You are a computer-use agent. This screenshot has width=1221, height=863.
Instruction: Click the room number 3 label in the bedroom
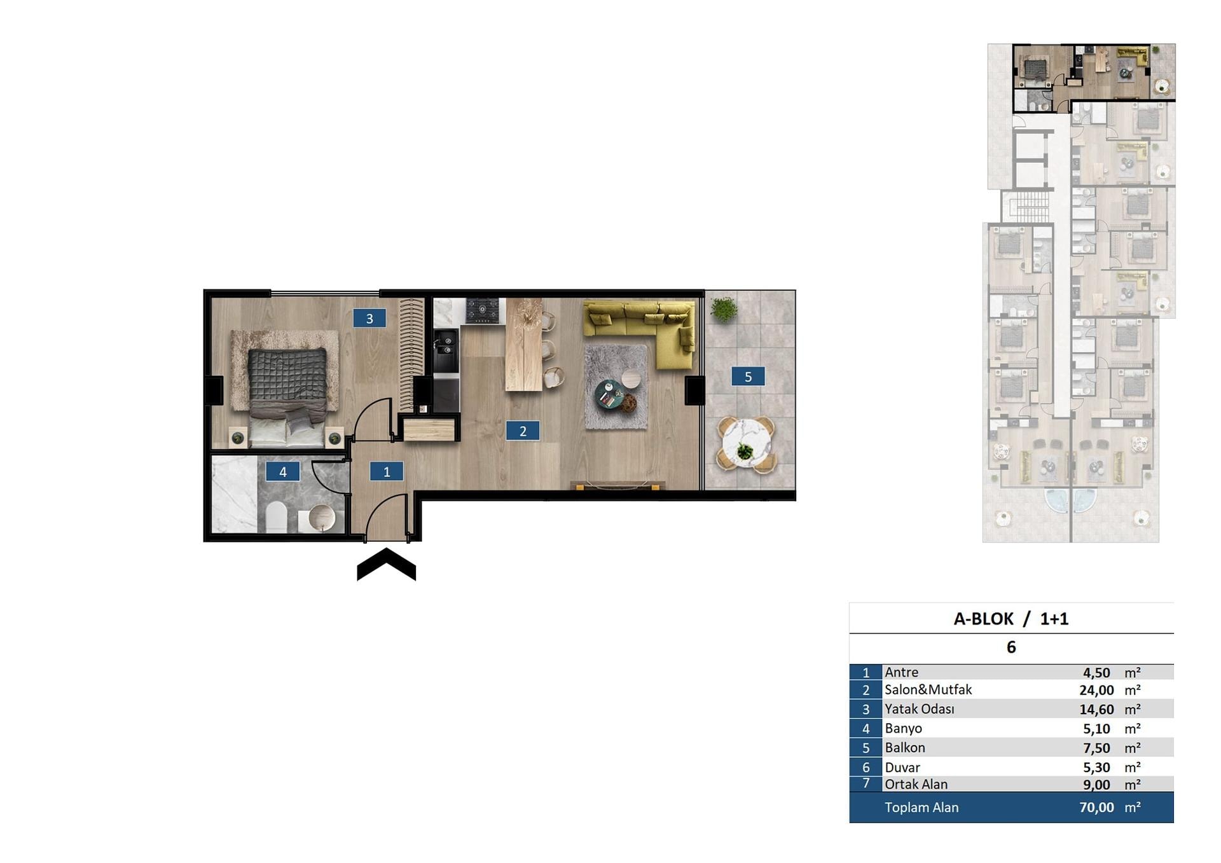coord(369,318)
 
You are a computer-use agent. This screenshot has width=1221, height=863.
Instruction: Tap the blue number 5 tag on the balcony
coord(748,376)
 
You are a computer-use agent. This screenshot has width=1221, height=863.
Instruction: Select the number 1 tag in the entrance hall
coord(387,471)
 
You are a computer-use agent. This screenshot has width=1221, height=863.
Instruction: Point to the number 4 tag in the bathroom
coord(283,471)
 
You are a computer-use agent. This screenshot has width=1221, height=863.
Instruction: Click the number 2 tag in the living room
coord(523,431)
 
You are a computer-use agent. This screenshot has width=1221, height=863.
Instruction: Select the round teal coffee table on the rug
coord(609,394)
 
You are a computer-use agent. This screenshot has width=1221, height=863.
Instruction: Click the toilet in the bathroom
coord(276,516)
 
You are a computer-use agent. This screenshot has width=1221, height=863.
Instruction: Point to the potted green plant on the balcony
coord(724,309)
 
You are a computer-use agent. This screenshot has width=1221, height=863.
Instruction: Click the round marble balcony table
coord(746,443)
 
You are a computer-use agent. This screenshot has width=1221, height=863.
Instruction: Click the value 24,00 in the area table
coord(1096,690)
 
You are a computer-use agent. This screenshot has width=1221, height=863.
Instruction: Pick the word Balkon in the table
coord(904,747)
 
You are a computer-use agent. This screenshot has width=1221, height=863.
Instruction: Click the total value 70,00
coord(1096,807)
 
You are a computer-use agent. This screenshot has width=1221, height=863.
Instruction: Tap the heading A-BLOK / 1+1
coord(1011,619)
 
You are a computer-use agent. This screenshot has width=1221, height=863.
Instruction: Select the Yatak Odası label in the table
coord(919,708)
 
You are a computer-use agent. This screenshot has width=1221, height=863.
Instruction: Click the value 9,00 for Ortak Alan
coord(1096,785)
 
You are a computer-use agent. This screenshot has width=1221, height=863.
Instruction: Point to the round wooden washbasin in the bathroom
coord(321,517)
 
